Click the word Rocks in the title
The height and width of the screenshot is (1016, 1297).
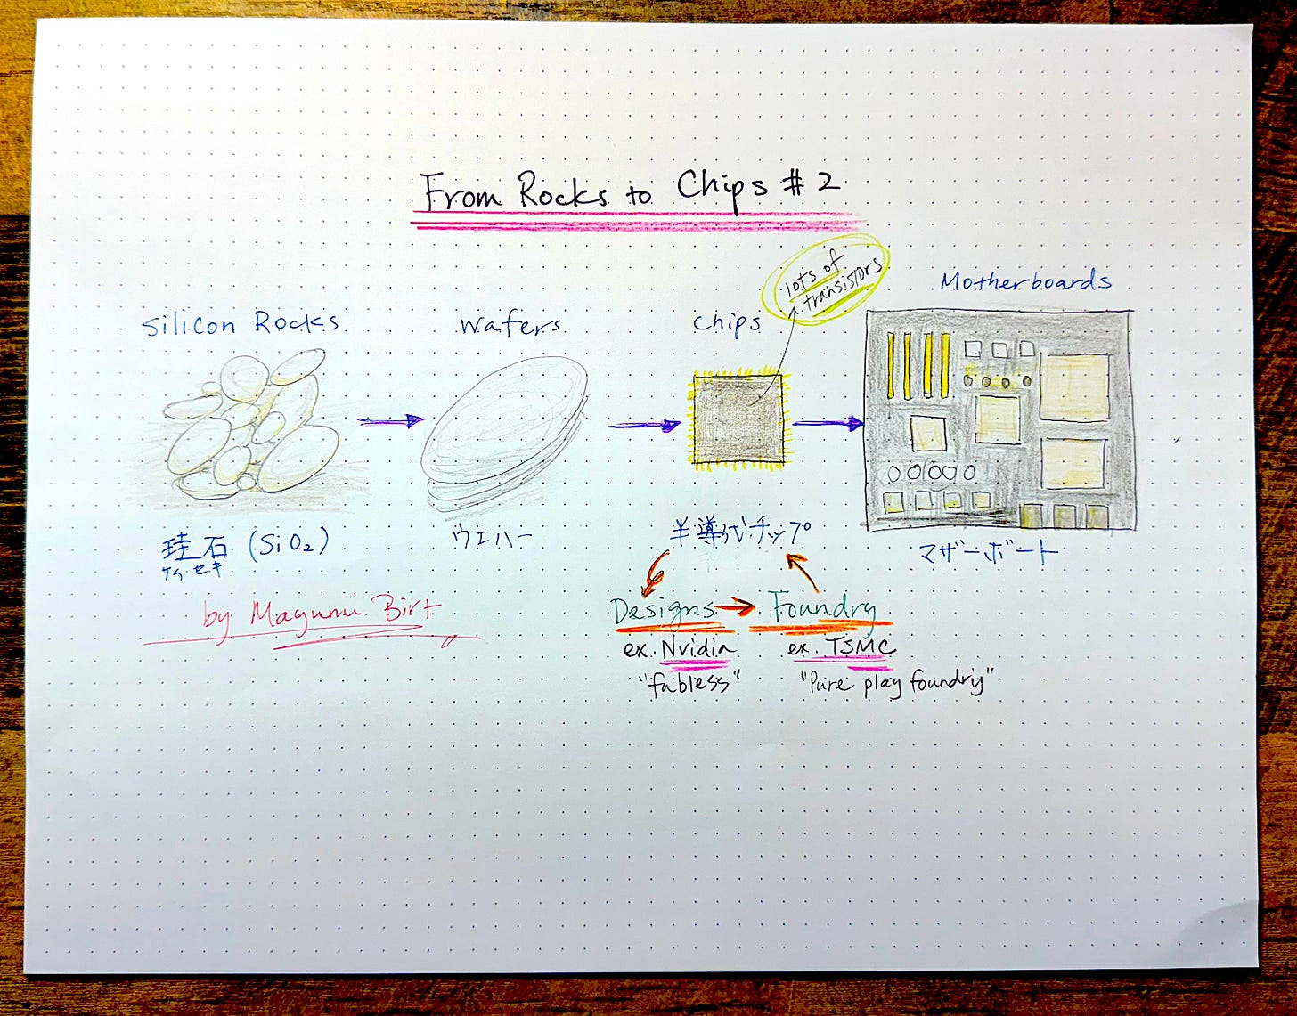[564, 191]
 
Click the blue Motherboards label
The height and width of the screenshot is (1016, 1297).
[1025, 281]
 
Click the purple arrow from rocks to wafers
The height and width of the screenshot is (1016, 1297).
[391, 420]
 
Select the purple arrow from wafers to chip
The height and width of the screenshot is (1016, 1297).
[643, 425]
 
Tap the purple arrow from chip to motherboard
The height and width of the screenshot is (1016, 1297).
[828, 423]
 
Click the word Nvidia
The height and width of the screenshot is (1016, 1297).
[699, 648]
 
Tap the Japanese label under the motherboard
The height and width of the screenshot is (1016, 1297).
[988, 552]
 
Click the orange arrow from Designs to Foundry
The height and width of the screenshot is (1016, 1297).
[735, 607]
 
